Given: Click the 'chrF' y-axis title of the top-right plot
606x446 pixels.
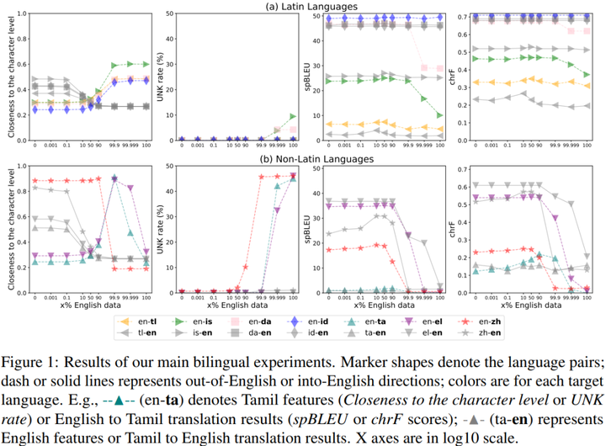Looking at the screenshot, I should [x=454, y=77].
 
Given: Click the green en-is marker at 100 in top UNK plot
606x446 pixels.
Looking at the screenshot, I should [x=293, y=116].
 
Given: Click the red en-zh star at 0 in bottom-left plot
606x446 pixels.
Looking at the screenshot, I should [x=34, y=181].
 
